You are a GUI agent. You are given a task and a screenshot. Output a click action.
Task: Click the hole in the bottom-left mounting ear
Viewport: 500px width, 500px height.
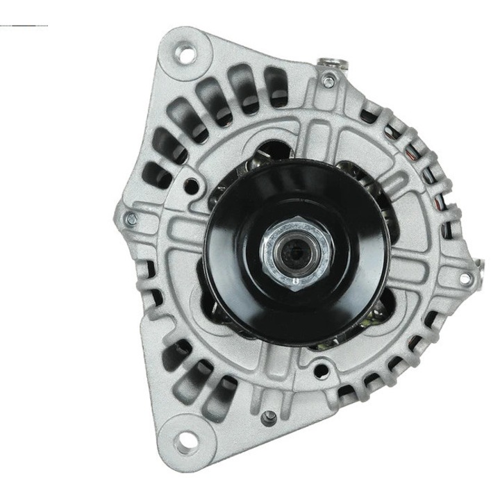click(184, 439)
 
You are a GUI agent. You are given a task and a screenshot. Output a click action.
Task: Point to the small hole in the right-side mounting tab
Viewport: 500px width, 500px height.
click(465, 278)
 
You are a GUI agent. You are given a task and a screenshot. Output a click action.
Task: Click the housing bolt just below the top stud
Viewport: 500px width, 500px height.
click(328, 82)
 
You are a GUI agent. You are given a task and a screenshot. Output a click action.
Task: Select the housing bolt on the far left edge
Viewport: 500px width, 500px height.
click(131, 219)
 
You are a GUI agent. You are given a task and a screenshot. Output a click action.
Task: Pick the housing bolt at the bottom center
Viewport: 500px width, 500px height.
click(267, 417)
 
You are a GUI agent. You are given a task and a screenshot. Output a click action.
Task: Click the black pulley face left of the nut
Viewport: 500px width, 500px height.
click(233, 250)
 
